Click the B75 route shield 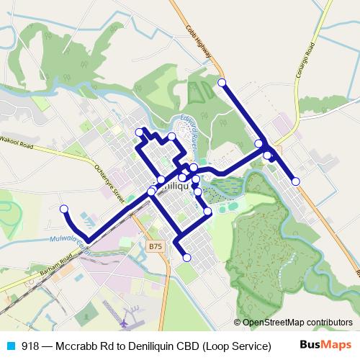155,246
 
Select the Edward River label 189,129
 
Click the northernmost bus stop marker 222,83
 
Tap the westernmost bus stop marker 63,209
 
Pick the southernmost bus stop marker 187,257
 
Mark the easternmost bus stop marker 296,181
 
